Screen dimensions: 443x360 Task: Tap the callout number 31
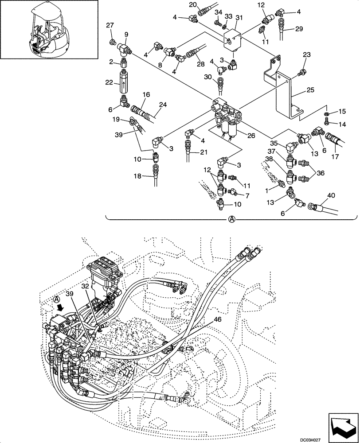pos(239,17)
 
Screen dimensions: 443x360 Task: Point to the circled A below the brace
pos(231,219)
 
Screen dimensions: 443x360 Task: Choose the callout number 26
pos(251,136)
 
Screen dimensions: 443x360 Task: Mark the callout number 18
pos(137,176)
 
